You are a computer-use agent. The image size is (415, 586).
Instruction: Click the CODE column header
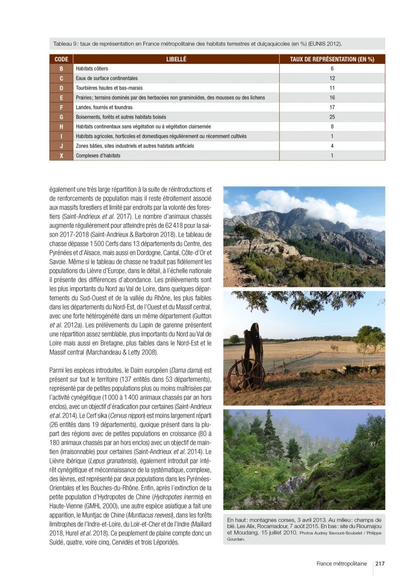tap(61, 59)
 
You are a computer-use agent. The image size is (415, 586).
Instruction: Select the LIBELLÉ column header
tap(176, 59)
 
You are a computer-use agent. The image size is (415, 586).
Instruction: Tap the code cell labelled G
tap(61, 117)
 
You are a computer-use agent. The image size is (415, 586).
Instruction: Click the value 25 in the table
tap(332, 117)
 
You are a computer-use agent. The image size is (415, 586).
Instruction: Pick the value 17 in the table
tap(332, 107)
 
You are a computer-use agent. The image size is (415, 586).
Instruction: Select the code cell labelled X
tap(61, 156)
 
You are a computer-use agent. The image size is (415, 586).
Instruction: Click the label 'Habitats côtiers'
tap(92, 69)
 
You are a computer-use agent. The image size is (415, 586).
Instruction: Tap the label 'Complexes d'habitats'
tap(98, 156)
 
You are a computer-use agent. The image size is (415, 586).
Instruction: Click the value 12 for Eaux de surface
tap(332, 78)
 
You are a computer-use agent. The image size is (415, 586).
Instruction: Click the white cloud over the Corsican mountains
tap(298, 202)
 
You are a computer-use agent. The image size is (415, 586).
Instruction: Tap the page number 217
tap(380, 564)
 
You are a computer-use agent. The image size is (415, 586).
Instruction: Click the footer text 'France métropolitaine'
tap(341, 564)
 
